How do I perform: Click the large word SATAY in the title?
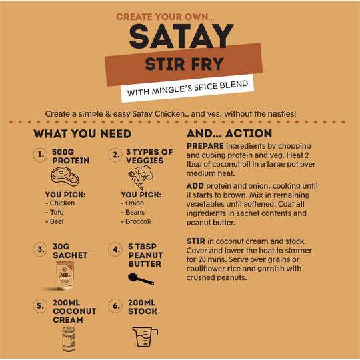(181, 37)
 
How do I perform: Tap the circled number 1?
(41, 155)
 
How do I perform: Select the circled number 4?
(115, 250)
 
